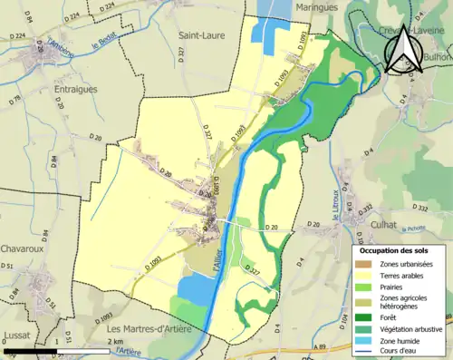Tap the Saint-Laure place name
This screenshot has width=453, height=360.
click(x=202, y=35)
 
